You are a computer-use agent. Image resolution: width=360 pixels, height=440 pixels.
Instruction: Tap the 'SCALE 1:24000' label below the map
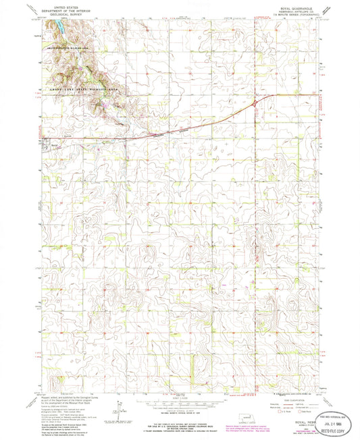point(178,395)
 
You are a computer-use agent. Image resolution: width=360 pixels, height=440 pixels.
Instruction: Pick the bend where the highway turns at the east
point(255,102)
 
